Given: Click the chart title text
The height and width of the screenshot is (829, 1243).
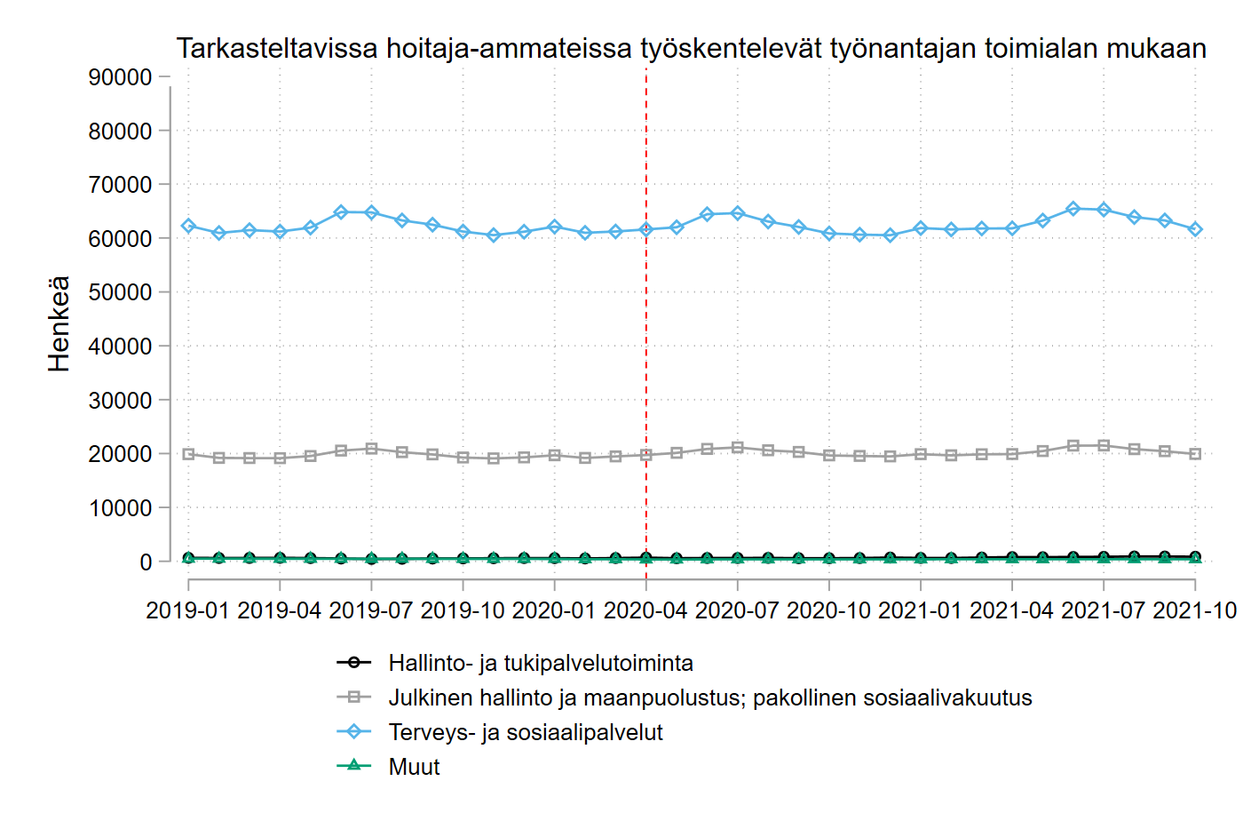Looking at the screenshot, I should [x=691, y=48].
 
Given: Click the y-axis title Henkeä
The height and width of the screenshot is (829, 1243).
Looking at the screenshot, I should [x=59, y=323].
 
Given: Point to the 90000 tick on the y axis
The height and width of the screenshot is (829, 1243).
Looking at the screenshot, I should [x=121, y=77].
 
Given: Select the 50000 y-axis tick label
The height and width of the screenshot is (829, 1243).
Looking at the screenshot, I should [x=121, y=292].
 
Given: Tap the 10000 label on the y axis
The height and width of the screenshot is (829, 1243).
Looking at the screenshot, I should [x=121, y=508].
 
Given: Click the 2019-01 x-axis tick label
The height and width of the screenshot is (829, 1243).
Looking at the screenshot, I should [x=188, y=610].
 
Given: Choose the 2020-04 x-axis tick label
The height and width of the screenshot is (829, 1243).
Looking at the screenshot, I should [x=646, y=610].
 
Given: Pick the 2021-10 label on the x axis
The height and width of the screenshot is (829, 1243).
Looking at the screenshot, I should [x=1194, y=610].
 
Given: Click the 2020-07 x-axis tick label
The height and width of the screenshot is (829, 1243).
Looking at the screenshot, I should [x=738, y=610].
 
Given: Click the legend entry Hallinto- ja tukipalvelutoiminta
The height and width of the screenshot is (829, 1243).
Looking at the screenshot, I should [x=540, y=663].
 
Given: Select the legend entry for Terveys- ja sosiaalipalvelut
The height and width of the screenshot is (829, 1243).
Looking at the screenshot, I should [x=526, y=732].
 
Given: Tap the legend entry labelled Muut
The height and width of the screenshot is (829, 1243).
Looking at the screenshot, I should [x=414, y=767].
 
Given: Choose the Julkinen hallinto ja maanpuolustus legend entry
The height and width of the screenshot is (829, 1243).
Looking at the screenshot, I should [x=709, y=697].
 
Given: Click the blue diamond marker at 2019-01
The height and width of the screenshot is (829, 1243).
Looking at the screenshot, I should [x=188, y=226].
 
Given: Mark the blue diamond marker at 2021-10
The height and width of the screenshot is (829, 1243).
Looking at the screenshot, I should [x=1195, y=229].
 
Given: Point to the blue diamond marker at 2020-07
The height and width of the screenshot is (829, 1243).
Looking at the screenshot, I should [x=738, y=213].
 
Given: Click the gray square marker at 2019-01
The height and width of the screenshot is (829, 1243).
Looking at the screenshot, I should [x=188, y=454].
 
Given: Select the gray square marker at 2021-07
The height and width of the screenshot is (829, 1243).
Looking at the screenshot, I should [x=1104, y=445].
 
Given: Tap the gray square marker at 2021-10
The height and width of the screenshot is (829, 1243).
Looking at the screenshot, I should [x=1195, y=454].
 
